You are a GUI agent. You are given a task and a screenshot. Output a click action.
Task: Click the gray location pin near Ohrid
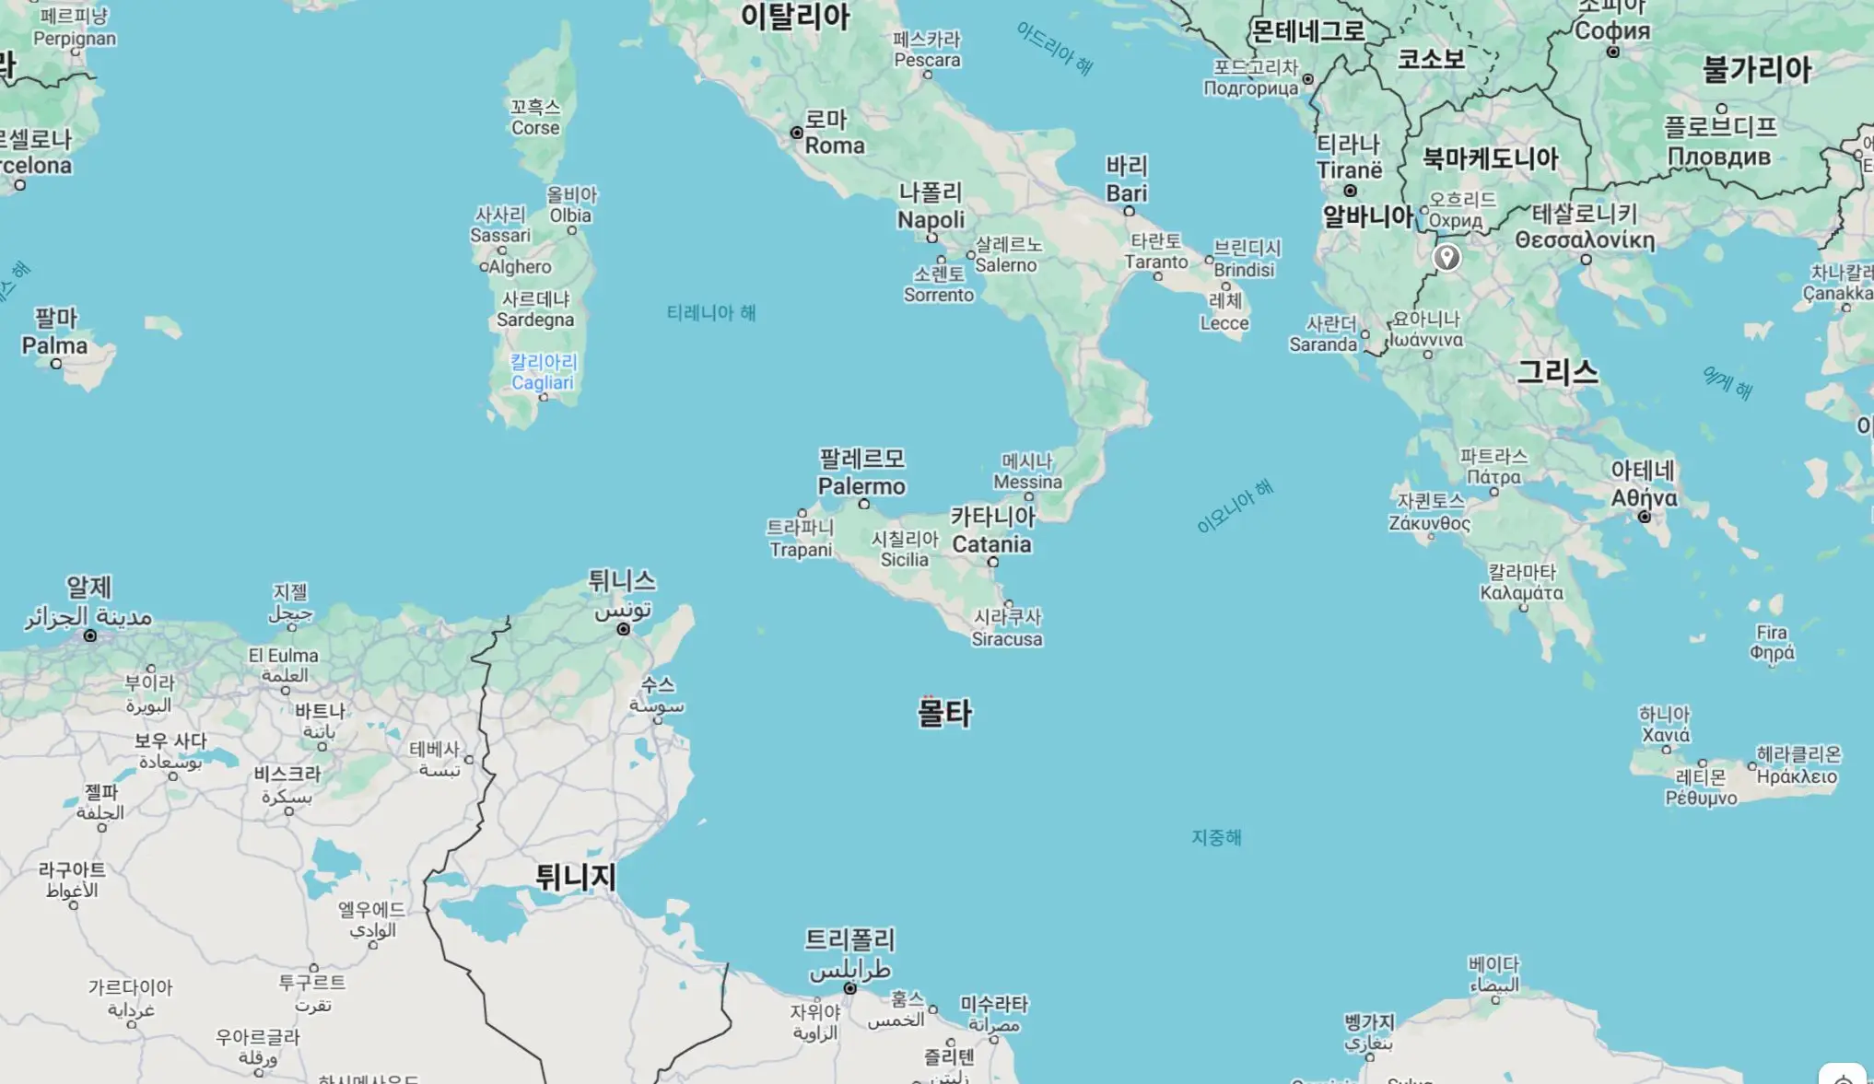pyautogui.click(x=1446, y=257)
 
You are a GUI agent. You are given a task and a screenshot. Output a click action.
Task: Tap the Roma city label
pyautogui.click(x=835, y=146)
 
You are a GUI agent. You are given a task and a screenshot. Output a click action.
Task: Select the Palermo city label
pyautogui.click(x=861, y=486)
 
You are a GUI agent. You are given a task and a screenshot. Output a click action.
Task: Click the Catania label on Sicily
pyautogui.click(x=991, y=544)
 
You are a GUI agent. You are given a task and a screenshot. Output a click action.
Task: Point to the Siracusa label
pyautogui.click(x=1007, y=639)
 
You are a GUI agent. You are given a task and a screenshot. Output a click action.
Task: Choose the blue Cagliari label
pyautogui.click(x=543, y=382)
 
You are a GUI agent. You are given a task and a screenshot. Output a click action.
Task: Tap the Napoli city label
pyautogui.click(x=931, y=220)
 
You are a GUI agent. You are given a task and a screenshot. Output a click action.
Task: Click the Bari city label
pyautogui.click(x=1127, y=193)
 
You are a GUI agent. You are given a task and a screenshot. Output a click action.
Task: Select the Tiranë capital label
pyautogui.click(x=1349, y=170)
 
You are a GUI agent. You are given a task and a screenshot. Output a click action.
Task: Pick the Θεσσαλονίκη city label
pyautogui.click(x=1585, y=240)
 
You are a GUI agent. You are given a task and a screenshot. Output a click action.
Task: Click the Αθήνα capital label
pyautogui.click(x=1644, y=498)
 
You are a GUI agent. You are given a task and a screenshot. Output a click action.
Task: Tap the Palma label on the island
pyautogui.click(x=54, y=346)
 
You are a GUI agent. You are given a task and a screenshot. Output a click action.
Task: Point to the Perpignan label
pyautogui.click(x=75, y=39)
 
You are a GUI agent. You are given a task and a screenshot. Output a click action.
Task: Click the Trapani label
pyautogui.click(x=801, y=550)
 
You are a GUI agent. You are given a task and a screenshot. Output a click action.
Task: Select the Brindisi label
pyautogui.click(x=1244, y=270)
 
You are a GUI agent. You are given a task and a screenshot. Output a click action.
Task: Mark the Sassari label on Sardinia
pyautogui.click(x=500, y=235)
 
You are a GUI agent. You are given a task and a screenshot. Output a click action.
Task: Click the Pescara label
pyautogui.click(x=927, y=60)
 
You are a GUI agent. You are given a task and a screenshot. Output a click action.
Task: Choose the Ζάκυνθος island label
pyautogui.click(x=1429, y=523)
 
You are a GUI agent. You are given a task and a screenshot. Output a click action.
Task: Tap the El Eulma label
pyautogui.click(x=283, y=656)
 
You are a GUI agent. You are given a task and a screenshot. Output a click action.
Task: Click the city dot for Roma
pyautogui.click(x=797, y=134)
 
